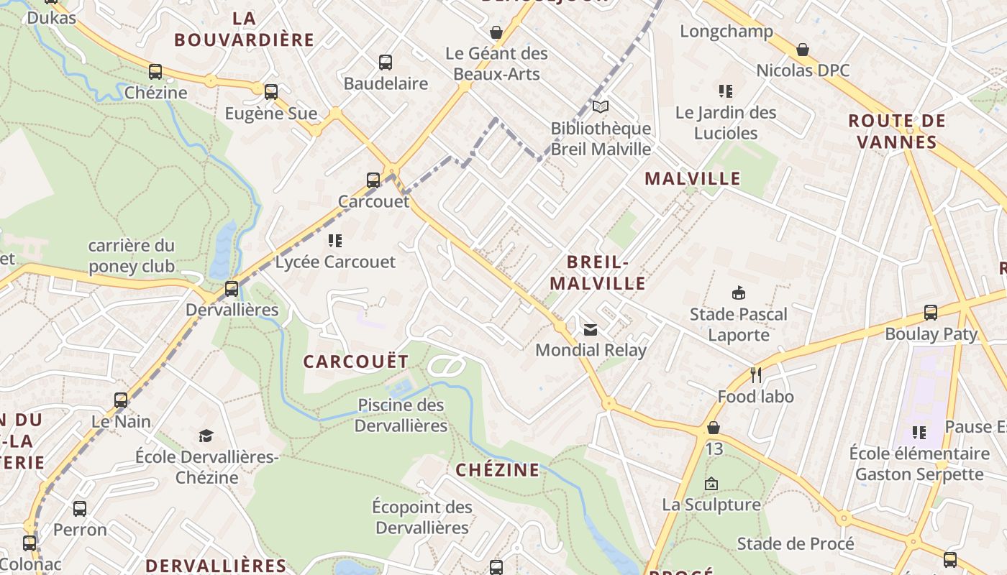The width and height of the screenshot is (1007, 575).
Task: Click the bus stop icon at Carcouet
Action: coord(373,180)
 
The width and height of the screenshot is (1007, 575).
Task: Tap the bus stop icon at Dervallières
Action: coord(231,289)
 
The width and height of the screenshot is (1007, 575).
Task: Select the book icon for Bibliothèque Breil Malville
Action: coord(600,107)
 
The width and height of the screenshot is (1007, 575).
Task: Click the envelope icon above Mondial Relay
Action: coord(591,330)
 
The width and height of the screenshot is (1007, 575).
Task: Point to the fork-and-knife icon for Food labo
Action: coord(755,375)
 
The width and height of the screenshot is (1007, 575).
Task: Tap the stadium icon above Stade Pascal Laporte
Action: coord(738,293)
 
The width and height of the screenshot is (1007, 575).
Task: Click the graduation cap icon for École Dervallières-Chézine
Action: coord(206,436)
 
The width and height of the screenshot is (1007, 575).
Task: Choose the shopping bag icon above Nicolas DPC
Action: coord(802,50)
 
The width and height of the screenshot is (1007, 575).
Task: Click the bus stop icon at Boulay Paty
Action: coord(931,313)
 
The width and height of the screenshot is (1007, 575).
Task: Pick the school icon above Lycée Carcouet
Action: coord(334,240)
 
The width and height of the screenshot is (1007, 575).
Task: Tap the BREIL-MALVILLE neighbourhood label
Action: coord(607,272)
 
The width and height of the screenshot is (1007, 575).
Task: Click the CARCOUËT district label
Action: coord(356,362)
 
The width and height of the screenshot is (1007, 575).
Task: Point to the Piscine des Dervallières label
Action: coord(401,415)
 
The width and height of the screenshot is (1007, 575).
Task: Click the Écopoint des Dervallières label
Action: coord(422,517)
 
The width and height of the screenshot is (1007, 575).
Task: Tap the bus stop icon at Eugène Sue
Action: coord(270,92)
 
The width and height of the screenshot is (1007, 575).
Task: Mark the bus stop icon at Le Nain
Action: coord(121,400)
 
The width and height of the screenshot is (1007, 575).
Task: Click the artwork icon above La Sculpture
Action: coord(711,484)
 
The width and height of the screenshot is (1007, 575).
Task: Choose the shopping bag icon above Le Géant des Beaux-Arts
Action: coord(496,32)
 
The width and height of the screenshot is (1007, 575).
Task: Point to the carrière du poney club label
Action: coord(131,256)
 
